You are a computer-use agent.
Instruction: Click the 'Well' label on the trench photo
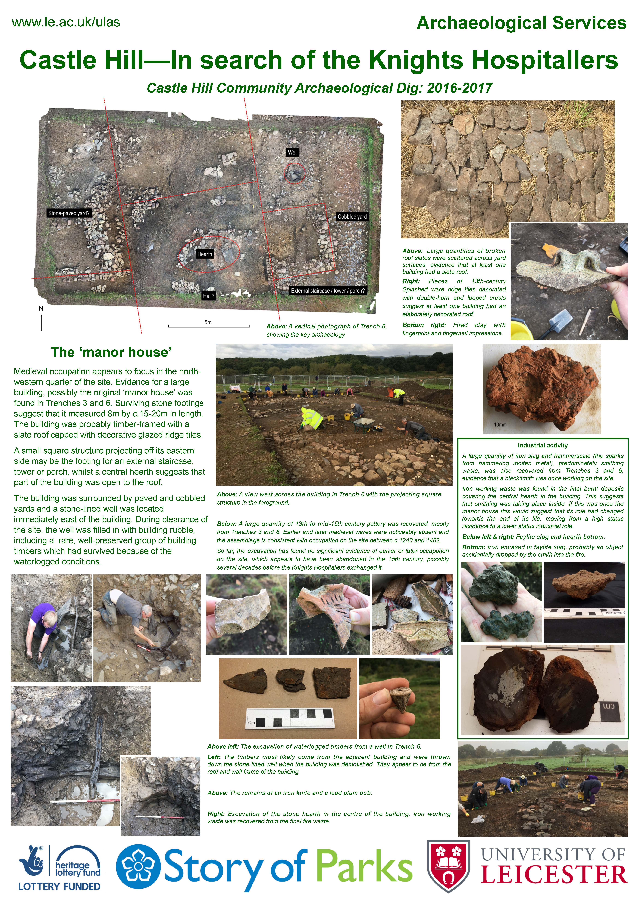tap(292, 152)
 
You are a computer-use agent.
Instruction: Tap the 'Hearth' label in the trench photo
tap(205, 254)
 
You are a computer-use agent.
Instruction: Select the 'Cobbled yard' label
tap(352, 217)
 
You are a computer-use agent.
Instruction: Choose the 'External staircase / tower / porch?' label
tap(328, 291)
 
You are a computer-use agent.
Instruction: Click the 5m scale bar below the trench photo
tap(209, 326)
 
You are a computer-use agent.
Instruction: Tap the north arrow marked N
tap(41, 319)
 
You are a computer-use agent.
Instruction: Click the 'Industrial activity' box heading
tap(543, 445)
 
